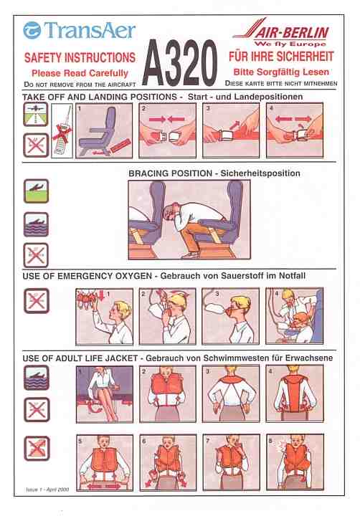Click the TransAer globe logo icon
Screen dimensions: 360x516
tap(32, 30)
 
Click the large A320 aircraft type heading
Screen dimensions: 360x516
tap(180, 63)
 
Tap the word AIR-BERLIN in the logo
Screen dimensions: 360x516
tap(292, 32)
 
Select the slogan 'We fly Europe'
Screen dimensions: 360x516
tap(290, 44)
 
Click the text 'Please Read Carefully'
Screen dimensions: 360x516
tap(80, 73)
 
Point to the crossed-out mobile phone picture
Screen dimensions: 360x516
tap(62, 130)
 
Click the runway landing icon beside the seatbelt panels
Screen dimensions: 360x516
tap(36, 114)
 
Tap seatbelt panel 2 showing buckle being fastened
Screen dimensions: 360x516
tap(167, 130)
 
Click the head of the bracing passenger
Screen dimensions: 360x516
tap(172, 214)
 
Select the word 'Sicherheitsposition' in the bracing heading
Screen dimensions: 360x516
tap(260, 173)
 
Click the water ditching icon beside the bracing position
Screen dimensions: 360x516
tap(36, 224)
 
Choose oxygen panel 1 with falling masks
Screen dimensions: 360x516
tap(105, 317)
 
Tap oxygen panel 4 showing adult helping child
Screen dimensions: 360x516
tap(295, 316)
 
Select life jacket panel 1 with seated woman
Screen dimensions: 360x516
tap(105, 394)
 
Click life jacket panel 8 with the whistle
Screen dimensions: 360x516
tap(295, 462)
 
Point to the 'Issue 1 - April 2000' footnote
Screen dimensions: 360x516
tap(47, 489)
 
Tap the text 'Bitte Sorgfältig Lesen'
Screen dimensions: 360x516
tap(281, 72)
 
